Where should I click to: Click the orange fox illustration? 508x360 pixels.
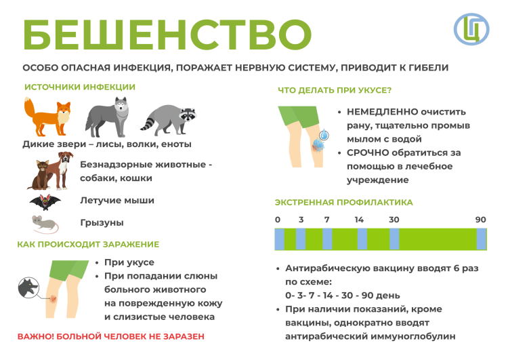[48, 117]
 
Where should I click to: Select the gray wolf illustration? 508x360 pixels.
[108, 117]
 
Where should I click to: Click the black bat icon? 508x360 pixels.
[45, 201]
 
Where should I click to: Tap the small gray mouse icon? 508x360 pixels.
[45, 223]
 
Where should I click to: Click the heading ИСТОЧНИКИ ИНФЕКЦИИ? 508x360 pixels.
[80, 87]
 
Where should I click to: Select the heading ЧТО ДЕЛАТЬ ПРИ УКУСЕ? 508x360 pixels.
[335, 89]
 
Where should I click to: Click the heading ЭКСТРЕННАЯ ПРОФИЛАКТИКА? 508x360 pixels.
[343, 202]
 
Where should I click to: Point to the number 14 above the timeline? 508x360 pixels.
[360, 220]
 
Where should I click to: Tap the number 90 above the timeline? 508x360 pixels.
[481, 220]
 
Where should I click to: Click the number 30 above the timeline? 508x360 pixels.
[394, 220]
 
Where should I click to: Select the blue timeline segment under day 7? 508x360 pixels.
[327, 239]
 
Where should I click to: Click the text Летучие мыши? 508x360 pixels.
[117, 201]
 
